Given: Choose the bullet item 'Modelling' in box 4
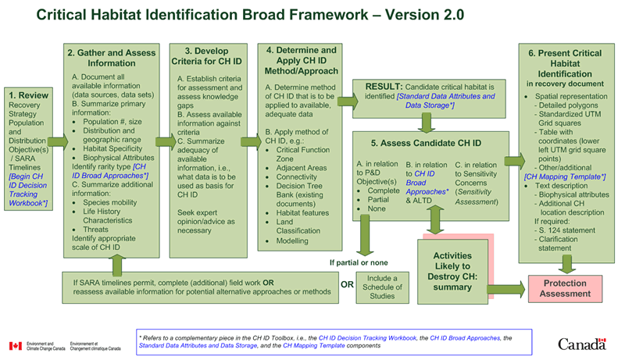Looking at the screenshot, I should (x=294, y=241).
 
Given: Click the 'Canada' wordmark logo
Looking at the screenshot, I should (x=581, y=344).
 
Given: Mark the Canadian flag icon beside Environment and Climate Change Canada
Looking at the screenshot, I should (x=15, y=346).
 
